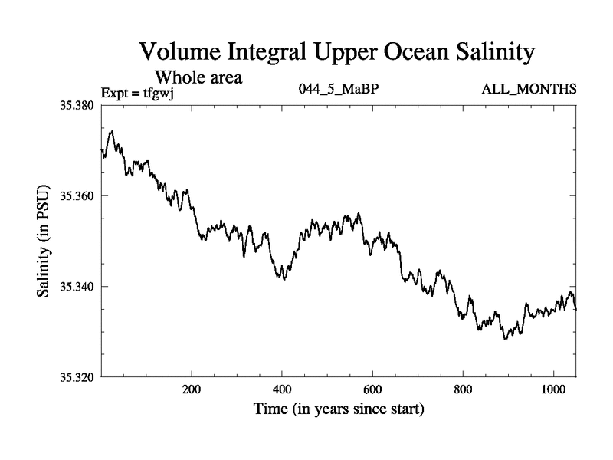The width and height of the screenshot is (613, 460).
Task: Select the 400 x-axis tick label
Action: pyautogui.click(x=282, y=390)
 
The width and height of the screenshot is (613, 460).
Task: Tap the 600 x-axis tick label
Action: pyautogui.click(x=372, y=390)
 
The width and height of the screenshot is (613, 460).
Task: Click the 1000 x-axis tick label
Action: pyautogui.click(x=552, y=390)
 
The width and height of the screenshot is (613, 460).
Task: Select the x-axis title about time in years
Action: pyautogui.click(x=338, y=409)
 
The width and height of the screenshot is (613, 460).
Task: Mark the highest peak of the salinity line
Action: pyautogui.click(x=112, y=131)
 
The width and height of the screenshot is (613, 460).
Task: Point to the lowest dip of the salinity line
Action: pyautogui.click(x=505, y=338)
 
